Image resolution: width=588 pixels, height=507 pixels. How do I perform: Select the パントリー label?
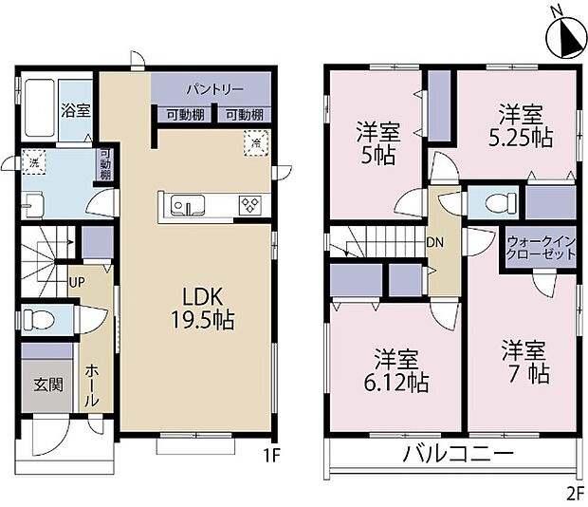click(214, 88)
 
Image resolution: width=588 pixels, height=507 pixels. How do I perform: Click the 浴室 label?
click(76, 109)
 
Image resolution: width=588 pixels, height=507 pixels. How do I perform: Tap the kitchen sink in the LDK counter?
click(182, 204)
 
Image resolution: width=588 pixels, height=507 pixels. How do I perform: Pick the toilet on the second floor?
click(499, 202)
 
